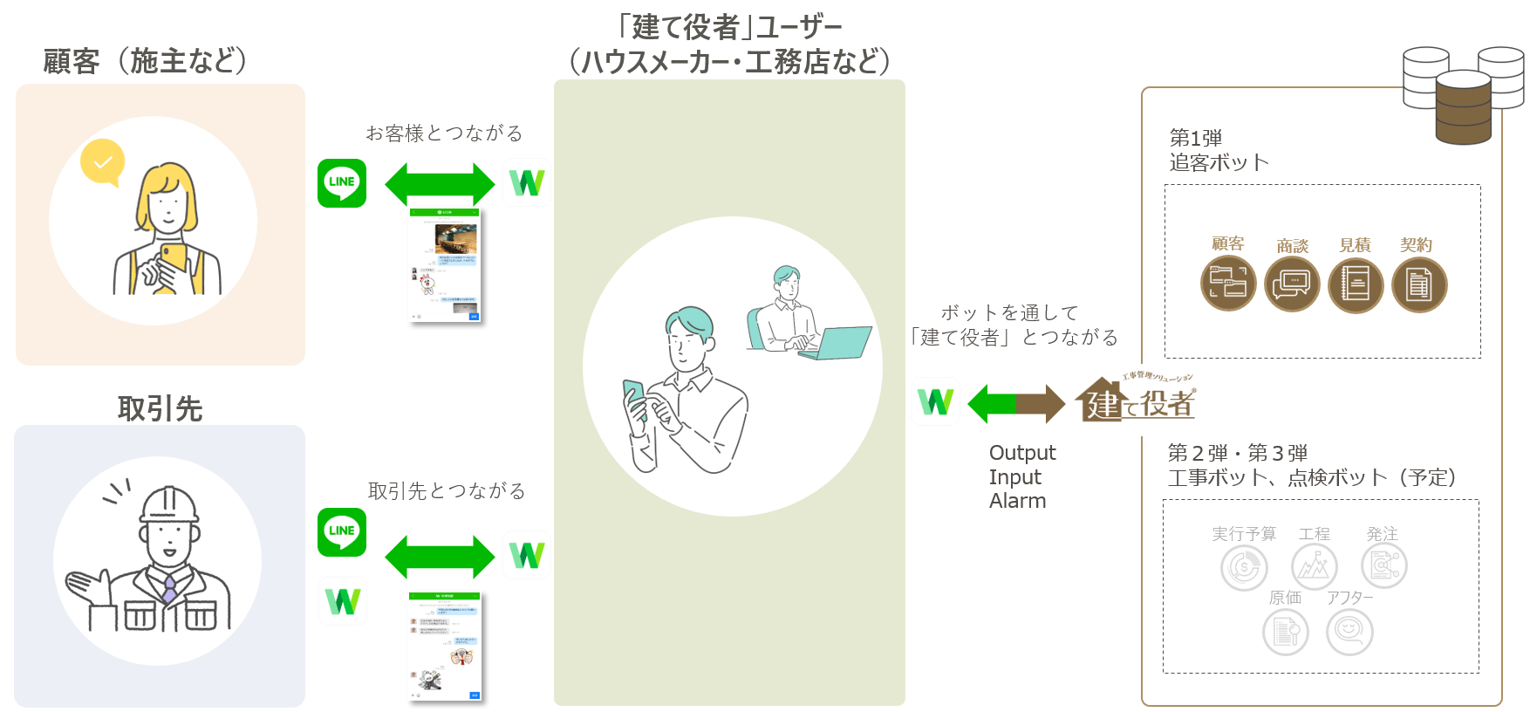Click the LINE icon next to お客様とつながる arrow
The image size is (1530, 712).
(342, 183)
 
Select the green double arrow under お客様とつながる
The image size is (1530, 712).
(440, 183)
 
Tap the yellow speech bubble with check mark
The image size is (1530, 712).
(102, 162)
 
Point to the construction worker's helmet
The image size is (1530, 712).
(169, 503)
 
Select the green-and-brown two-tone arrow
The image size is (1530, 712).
(1016, 403)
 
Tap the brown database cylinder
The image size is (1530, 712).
(1463, 107)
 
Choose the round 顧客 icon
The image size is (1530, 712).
(1228, 284)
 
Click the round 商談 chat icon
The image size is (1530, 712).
(1292, 284)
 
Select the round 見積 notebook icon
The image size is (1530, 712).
(1356, 284)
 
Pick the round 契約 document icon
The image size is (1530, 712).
(1419, 284)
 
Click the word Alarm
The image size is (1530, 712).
(1017, 501)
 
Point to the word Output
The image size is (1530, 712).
(1022, 453)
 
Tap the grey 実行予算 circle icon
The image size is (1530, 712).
(1244, 567)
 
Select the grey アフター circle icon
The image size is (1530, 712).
(1349, 632)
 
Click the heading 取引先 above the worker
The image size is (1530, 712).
(160, 408)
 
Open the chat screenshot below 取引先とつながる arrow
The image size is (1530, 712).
(445, 646)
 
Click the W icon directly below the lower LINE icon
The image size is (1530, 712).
(343, 601)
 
